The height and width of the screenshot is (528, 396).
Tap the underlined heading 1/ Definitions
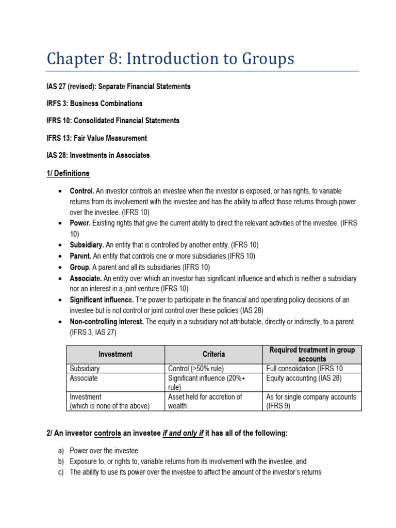pyautogui.click(x=68, y=173)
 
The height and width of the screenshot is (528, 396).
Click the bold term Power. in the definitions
pyautogui.click(x=80, y=223)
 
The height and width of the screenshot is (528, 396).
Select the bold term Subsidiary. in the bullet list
pyautogui.click(x=87, y=245)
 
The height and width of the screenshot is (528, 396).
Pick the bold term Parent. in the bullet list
pyautogui.click(x=81, y=256)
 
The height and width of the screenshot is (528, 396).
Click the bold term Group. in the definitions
pyautogui.click(x=80, y=267)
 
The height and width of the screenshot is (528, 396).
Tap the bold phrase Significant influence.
pyautogui.click(x=102, y=300)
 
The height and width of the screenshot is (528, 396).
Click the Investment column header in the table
pyautogui.click(x=115, y=354)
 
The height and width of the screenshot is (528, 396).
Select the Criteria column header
pyautogui.click(x=213, y=354)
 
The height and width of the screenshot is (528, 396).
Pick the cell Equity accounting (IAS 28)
pyautogui.click(x=304, y=378)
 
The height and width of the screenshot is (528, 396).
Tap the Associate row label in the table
pyautogui.click(x=84, y=378)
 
